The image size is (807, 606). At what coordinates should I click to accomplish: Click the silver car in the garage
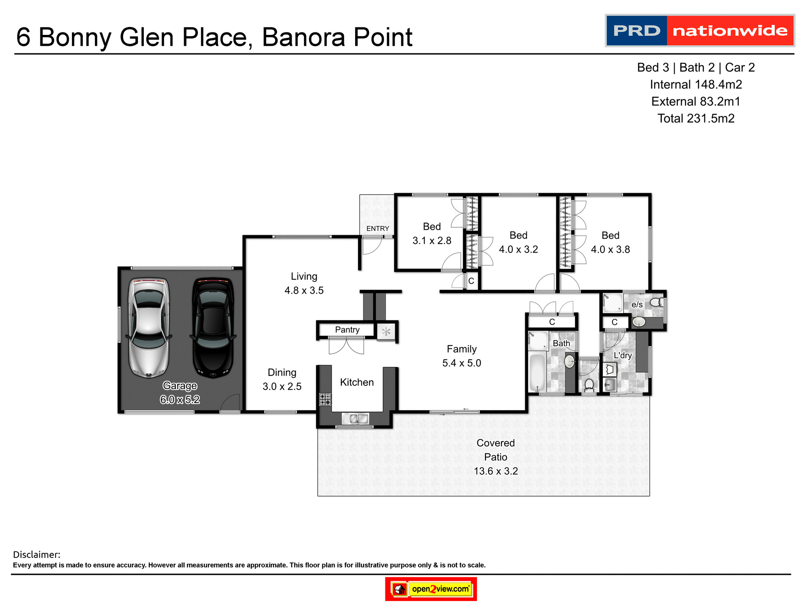pos(149,327)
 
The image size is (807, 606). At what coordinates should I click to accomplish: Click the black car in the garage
pos(213,327)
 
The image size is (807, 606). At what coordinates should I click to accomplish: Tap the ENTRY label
pos(377,229)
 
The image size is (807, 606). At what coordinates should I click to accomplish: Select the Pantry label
pos(347,330)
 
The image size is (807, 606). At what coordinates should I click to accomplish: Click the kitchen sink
pos(356,419)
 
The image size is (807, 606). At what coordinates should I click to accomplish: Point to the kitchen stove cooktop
pos(325,399)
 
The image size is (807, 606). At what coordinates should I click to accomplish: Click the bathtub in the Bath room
pos(537,373)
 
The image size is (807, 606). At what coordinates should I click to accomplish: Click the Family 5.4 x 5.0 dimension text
pos(462,363)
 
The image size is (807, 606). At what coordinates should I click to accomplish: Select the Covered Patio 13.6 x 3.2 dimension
pos(496,471)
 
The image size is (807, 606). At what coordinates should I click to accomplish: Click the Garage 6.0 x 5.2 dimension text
pos(180,399)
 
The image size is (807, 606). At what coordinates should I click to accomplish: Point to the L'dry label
pos(622,355)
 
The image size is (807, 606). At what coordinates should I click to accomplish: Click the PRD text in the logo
pos(636,31)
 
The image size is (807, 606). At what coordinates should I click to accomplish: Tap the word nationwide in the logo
pos(730,31)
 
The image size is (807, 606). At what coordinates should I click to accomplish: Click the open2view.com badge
pos(431,589)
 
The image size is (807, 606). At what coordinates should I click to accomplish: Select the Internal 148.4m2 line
pos(696,85)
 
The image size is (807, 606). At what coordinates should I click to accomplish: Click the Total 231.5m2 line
pos(696,118)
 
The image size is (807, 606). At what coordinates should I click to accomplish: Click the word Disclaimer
pos(37,555)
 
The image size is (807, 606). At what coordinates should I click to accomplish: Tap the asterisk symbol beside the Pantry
pos(386,332)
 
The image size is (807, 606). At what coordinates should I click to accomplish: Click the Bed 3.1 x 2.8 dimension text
pos(432,241)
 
